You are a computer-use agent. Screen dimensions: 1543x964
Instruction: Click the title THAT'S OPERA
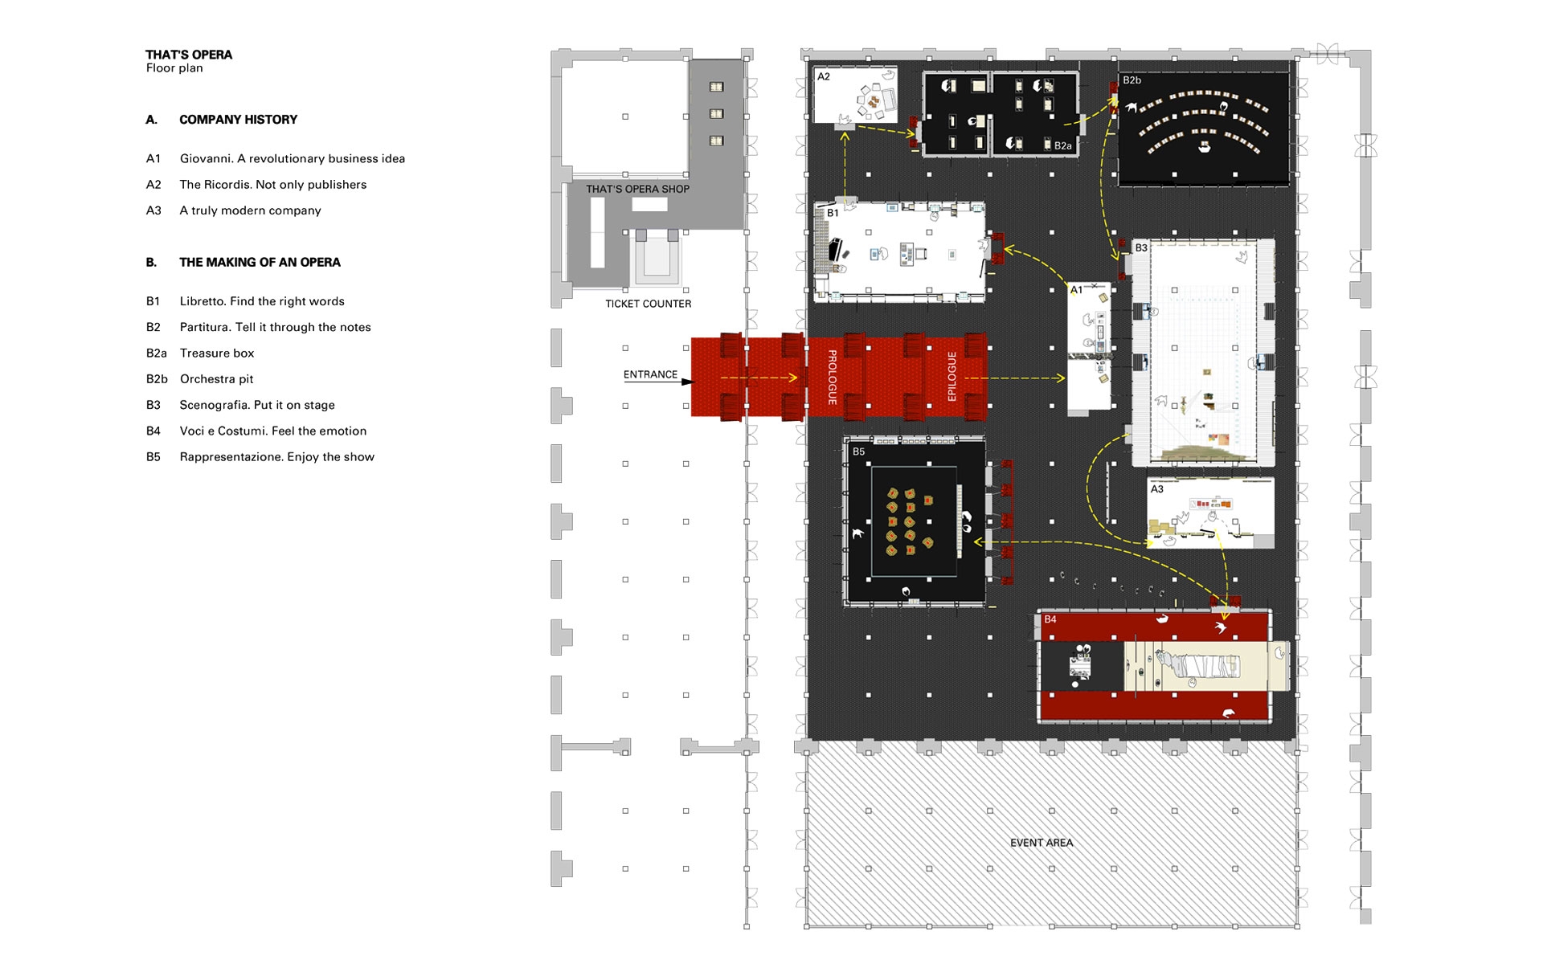189,55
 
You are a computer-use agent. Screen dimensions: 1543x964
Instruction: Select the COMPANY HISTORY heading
238,120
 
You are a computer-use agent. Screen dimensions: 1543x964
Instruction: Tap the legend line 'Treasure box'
217,353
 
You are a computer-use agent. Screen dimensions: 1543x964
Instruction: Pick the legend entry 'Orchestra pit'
217,379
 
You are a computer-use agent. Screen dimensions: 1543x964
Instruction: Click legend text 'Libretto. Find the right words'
262,301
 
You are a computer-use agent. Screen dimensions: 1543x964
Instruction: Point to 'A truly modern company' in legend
250,210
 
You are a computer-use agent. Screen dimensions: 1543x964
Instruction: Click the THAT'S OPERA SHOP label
637,190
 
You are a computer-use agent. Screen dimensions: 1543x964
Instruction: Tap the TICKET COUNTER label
648,304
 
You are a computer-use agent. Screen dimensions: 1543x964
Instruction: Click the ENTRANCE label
650,374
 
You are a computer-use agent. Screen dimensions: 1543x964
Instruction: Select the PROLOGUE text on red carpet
833,377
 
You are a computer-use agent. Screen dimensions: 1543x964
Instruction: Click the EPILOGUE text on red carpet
952,377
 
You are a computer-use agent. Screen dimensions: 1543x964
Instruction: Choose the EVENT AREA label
1042,843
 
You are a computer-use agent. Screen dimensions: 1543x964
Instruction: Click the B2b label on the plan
1132,80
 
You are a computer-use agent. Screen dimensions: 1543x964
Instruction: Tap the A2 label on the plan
824,77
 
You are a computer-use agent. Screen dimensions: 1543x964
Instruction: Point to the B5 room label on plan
858,451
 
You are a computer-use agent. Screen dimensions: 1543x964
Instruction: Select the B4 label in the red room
1050,619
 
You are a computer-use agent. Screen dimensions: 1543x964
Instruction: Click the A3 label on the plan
1156,489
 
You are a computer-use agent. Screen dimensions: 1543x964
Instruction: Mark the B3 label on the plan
1141,248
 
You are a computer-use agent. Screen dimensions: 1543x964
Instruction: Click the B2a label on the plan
1062,146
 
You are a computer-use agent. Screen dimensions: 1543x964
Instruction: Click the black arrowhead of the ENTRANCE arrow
686,382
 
